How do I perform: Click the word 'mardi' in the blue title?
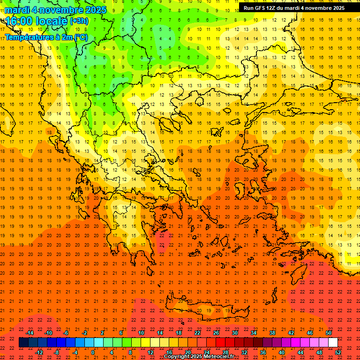pyautogui.click(x=17, y=10)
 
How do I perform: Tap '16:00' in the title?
pyautogui.click(x=19, y=21)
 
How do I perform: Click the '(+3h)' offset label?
pyautogui.click(x=78, y=21)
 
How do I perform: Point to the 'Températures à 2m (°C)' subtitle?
pyautogui.click(x=46, y=37)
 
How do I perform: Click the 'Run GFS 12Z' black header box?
pyautogui.click(x=294, y=8)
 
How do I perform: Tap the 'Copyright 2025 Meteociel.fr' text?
pyautogui.click(x=199, y=357)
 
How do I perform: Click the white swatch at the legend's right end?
pyautogui.click(x=333, y=343)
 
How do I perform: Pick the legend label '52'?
pyautogui.click(x=338, y=352)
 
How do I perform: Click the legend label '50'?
pyautogui.click(x=329, y=333)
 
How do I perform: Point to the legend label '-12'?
pyautogui.click(x=39, y=352)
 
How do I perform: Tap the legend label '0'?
pyautogui.click(x=93, y=352)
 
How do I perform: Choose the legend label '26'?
pyautogui.click(x=216, y=333)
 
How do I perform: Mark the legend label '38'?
pyautogui.click(x=272, y=333)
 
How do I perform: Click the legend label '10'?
pyautogui.click(x=141, y=333)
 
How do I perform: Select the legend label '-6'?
pyautogui.click(x=66, y=333)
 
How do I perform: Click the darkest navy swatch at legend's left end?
pyautogui.click(x=23, y=343)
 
